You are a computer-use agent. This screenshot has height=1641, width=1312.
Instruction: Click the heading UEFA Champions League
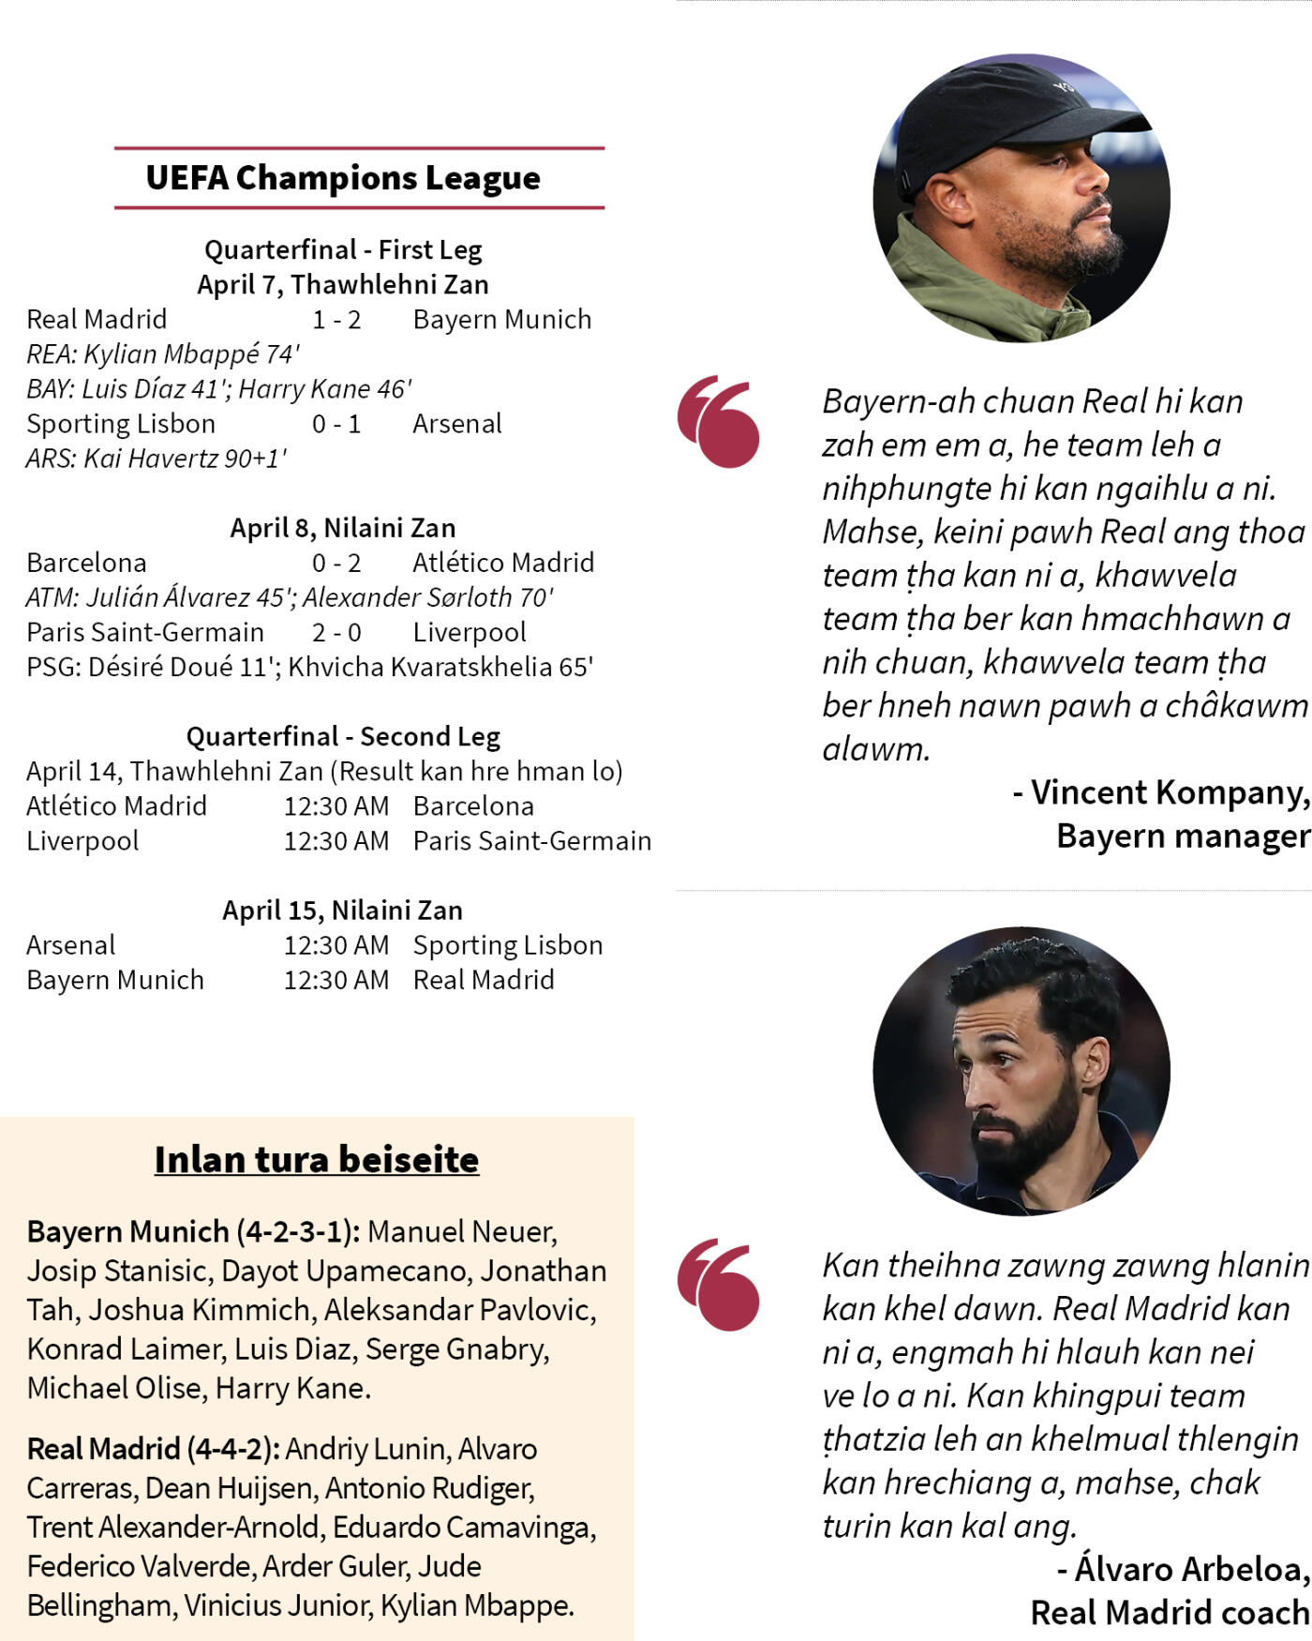pyautogui.click(x=343, y=177)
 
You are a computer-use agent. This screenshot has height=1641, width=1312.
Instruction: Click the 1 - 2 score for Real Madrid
pyautogui.click(x=336, y=320)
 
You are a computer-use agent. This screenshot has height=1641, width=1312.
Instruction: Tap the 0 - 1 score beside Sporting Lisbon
pyautogui.click(x=336, y=424)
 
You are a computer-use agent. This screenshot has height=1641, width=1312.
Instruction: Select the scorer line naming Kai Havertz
pyautogui.click(x=157, y=459)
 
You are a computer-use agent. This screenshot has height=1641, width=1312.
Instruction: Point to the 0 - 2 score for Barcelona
pyautogui.click(x=336, y=563)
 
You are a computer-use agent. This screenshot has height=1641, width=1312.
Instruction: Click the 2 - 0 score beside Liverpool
pyautogui.click(x=336, y=632)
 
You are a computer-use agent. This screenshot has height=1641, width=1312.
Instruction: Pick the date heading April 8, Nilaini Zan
pyautogui.click(x=343, y=528)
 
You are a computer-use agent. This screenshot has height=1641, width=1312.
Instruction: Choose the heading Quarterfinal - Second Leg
pyautogui.click(x=343, y=736)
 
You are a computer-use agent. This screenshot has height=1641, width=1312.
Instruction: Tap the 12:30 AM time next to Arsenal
pyautogui.click(x=336, y=945)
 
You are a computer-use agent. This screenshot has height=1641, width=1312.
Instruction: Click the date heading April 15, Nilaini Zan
pyautogui.click(x=343, y=911)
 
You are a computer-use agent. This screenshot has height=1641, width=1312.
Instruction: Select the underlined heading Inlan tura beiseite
pyautogui.click(x=317, y=1160)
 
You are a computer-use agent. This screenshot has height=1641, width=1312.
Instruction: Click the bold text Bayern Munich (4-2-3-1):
pyautogui.click(x=193, y=1231)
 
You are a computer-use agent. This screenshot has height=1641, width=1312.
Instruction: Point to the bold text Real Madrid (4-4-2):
pyautogui.click(x=153, y=1449)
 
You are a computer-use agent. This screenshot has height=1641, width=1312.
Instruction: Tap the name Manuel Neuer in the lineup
pyautogui.click(x=462, y=1231)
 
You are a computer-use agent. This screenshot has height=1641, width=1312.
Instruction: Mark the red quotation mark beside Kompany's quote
pyautogui.click(x=719, y=422)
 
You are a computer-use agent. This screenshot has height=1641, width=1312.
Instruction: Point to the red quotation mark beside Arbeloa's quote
pyautogui.click(x=719, y=1285)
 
